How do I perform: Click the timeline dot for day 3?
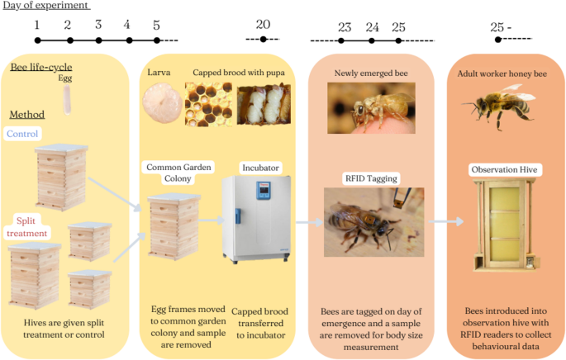coord(99,40)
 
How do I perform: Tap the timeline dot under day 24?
coord(373,40)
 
